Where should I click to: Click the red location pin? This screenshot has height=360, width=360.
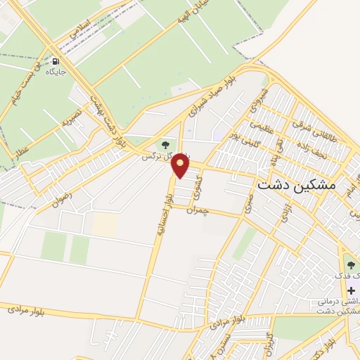point(181,167)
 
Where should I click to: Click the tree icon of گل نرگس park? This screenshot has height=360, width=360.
point(165,144)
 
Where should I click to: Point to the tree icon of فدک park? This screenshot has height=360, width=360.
point(351,265)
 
